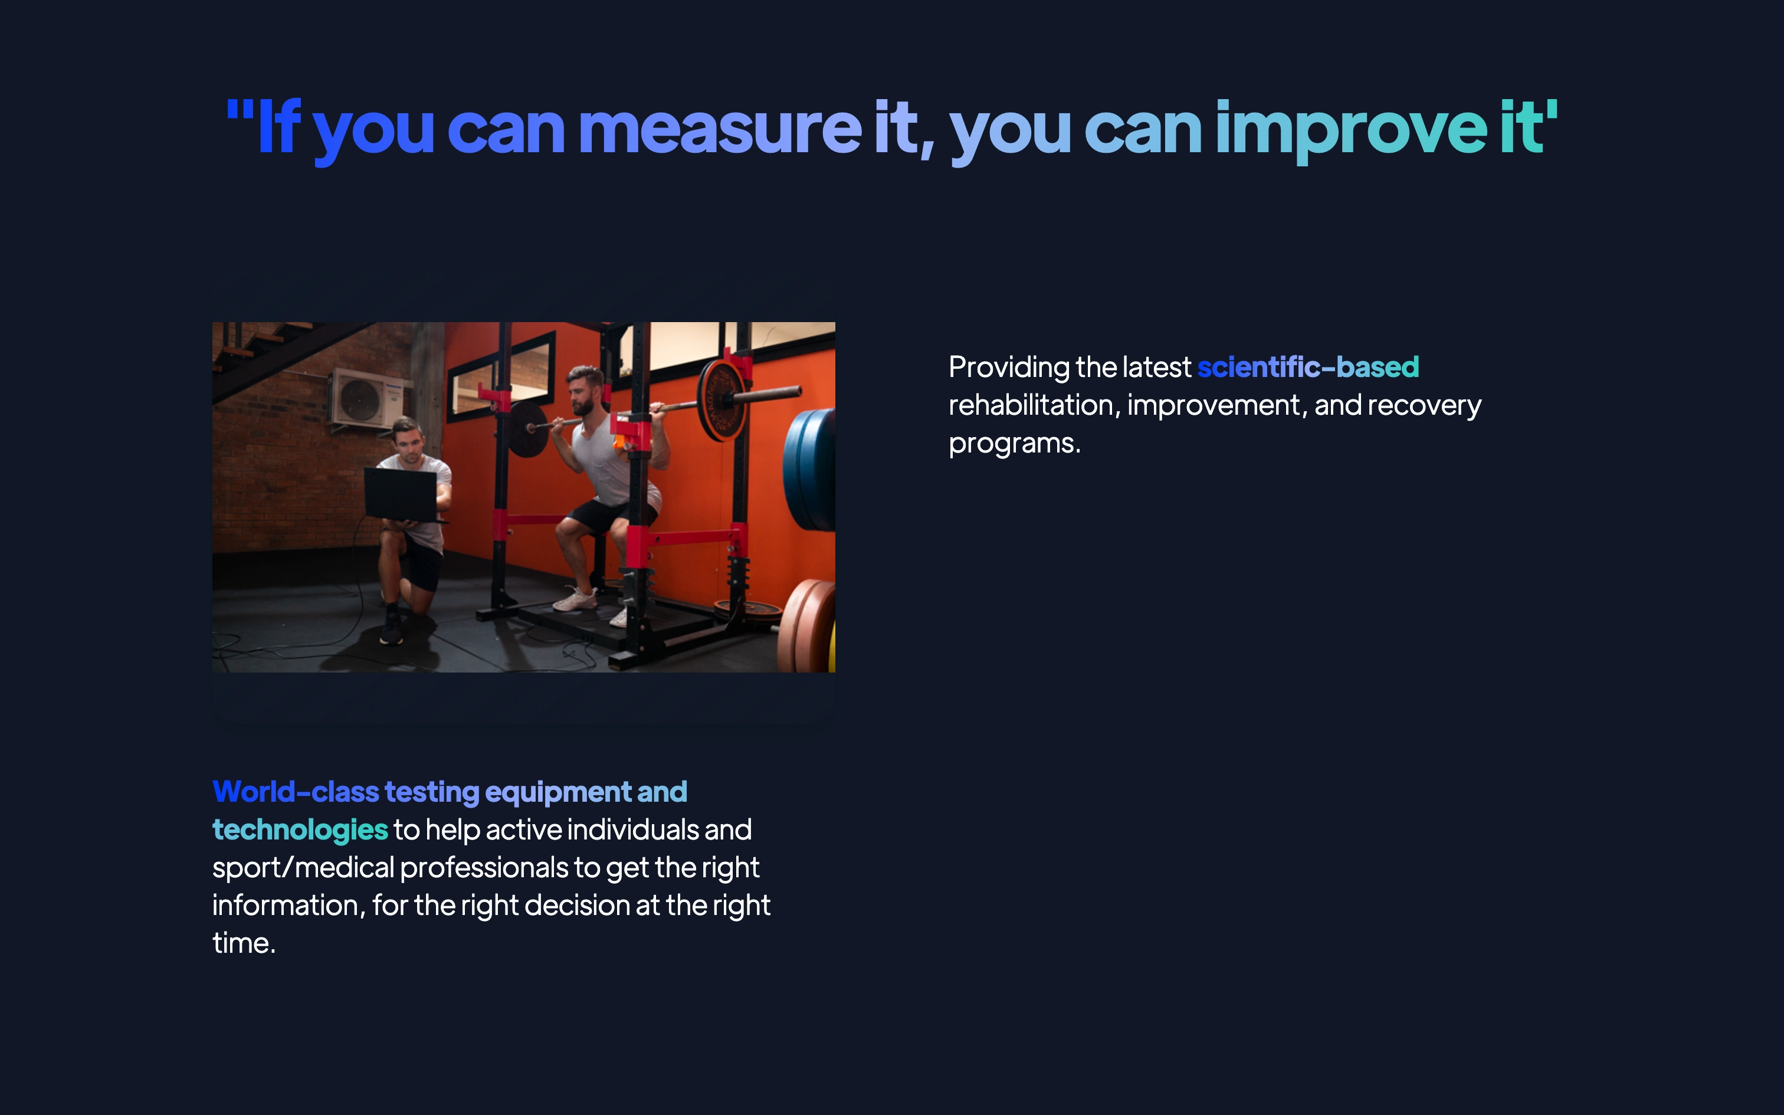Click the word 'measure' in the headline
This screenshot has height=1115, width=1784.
(x=720, y=129)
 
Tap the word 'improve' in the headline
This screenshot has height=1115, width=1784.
(x=1351, y=131)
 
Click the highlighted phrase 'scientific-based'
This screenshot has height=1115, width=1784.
(x=1308, y=366)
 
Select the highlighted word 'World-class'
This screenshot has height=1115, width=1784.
(x=296, y=792)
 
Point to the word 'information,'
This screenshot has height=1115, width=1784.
(x=289, y=906)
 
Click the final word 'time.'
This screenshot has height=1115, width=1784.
(x=244, y=943)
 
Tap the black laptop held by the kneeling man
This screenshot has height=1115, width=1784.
(x=402, y=495)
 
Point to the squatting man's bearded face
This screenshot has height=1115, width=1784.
(x=582, y=392)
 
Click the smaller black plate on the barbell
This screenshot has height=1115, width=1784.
(x=529, y=429)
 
